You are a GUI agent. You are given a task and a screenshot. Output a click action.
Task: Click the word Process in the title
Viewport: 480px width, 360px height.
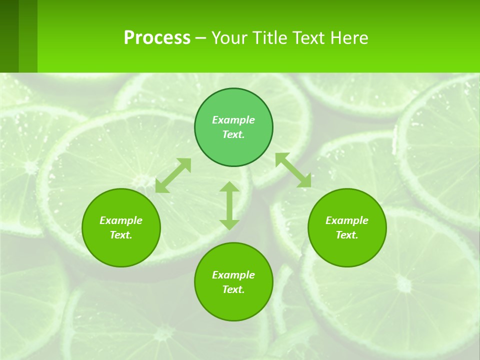(157, 38)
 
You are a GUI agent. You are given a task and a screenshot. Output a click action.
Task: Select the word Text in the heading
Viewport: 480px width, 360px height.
(308, 38)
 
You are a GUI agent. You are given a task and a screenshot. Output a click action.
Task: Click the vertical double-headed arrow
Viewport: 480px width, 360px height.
(229, 205)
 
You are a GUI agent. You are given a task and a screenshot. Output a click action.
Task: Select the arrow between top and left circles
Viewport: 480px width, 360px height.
(173, 175)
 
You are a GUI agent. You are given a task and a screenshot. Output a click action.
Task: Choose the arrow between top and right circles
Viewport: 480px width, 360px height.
(293, 170)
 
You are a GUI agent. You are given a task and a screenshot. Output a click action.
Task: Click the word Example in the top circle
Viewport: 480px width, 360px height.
(233, 120)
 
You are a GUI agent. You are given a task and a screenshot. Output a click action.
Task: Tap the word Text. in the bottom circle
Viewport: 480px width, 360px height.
(233, 289)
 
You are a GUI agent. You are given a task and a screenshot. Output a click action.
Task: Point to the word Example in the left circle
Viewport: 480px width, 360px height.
(121, 220)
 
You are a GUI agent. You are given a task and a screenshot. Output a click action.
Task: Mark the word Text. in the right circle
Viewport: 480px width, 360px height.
(347, 235)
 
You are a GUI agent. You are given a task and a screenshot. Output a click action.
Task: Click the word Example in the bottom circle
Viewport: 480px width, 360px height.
(233, 275)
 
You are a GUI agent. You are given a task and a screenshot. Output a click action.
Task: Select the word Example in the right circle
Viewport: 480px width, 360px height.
(347, 220)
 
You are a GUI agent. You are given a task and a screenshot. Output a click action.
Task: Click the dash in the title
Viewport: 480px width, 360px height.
(200, 38)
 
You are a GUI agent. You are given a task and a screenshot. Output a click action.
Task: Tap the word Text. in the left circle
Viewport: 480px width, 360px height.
(121, 235)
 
